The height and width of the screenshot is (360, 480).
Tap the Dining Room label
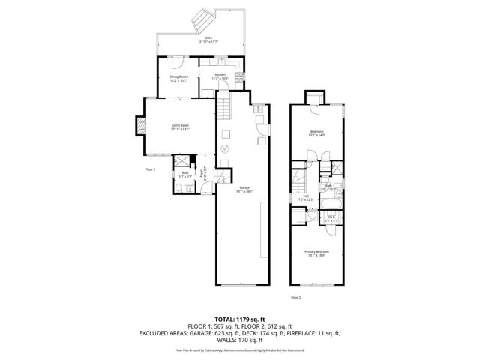(178, 77)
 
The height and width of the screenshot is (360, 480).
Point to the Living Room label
(180, 127)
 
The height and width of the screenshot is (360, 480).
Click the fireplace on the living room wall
(139, 125)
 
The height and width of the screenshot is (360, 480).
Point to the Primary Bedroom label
(316, 253)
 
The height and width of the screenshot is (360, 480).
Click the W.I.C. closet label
(331, 218)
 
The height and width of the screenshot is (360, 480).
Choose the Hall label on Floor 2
(305, 199)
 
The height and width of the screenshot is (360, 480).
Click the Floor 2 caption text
(295, 298)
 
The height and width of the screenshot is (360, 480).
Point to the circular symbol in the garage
(223, 149)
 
